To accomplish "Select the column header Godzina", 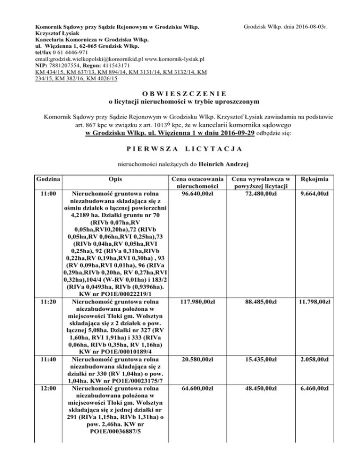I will (x=46, y=180).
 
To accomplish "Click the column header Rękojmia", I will (x=315, y=180).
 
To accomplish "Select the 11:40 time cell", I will (x=46, y=359).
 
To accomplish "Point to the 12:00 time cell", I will (x=46, y=389).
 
